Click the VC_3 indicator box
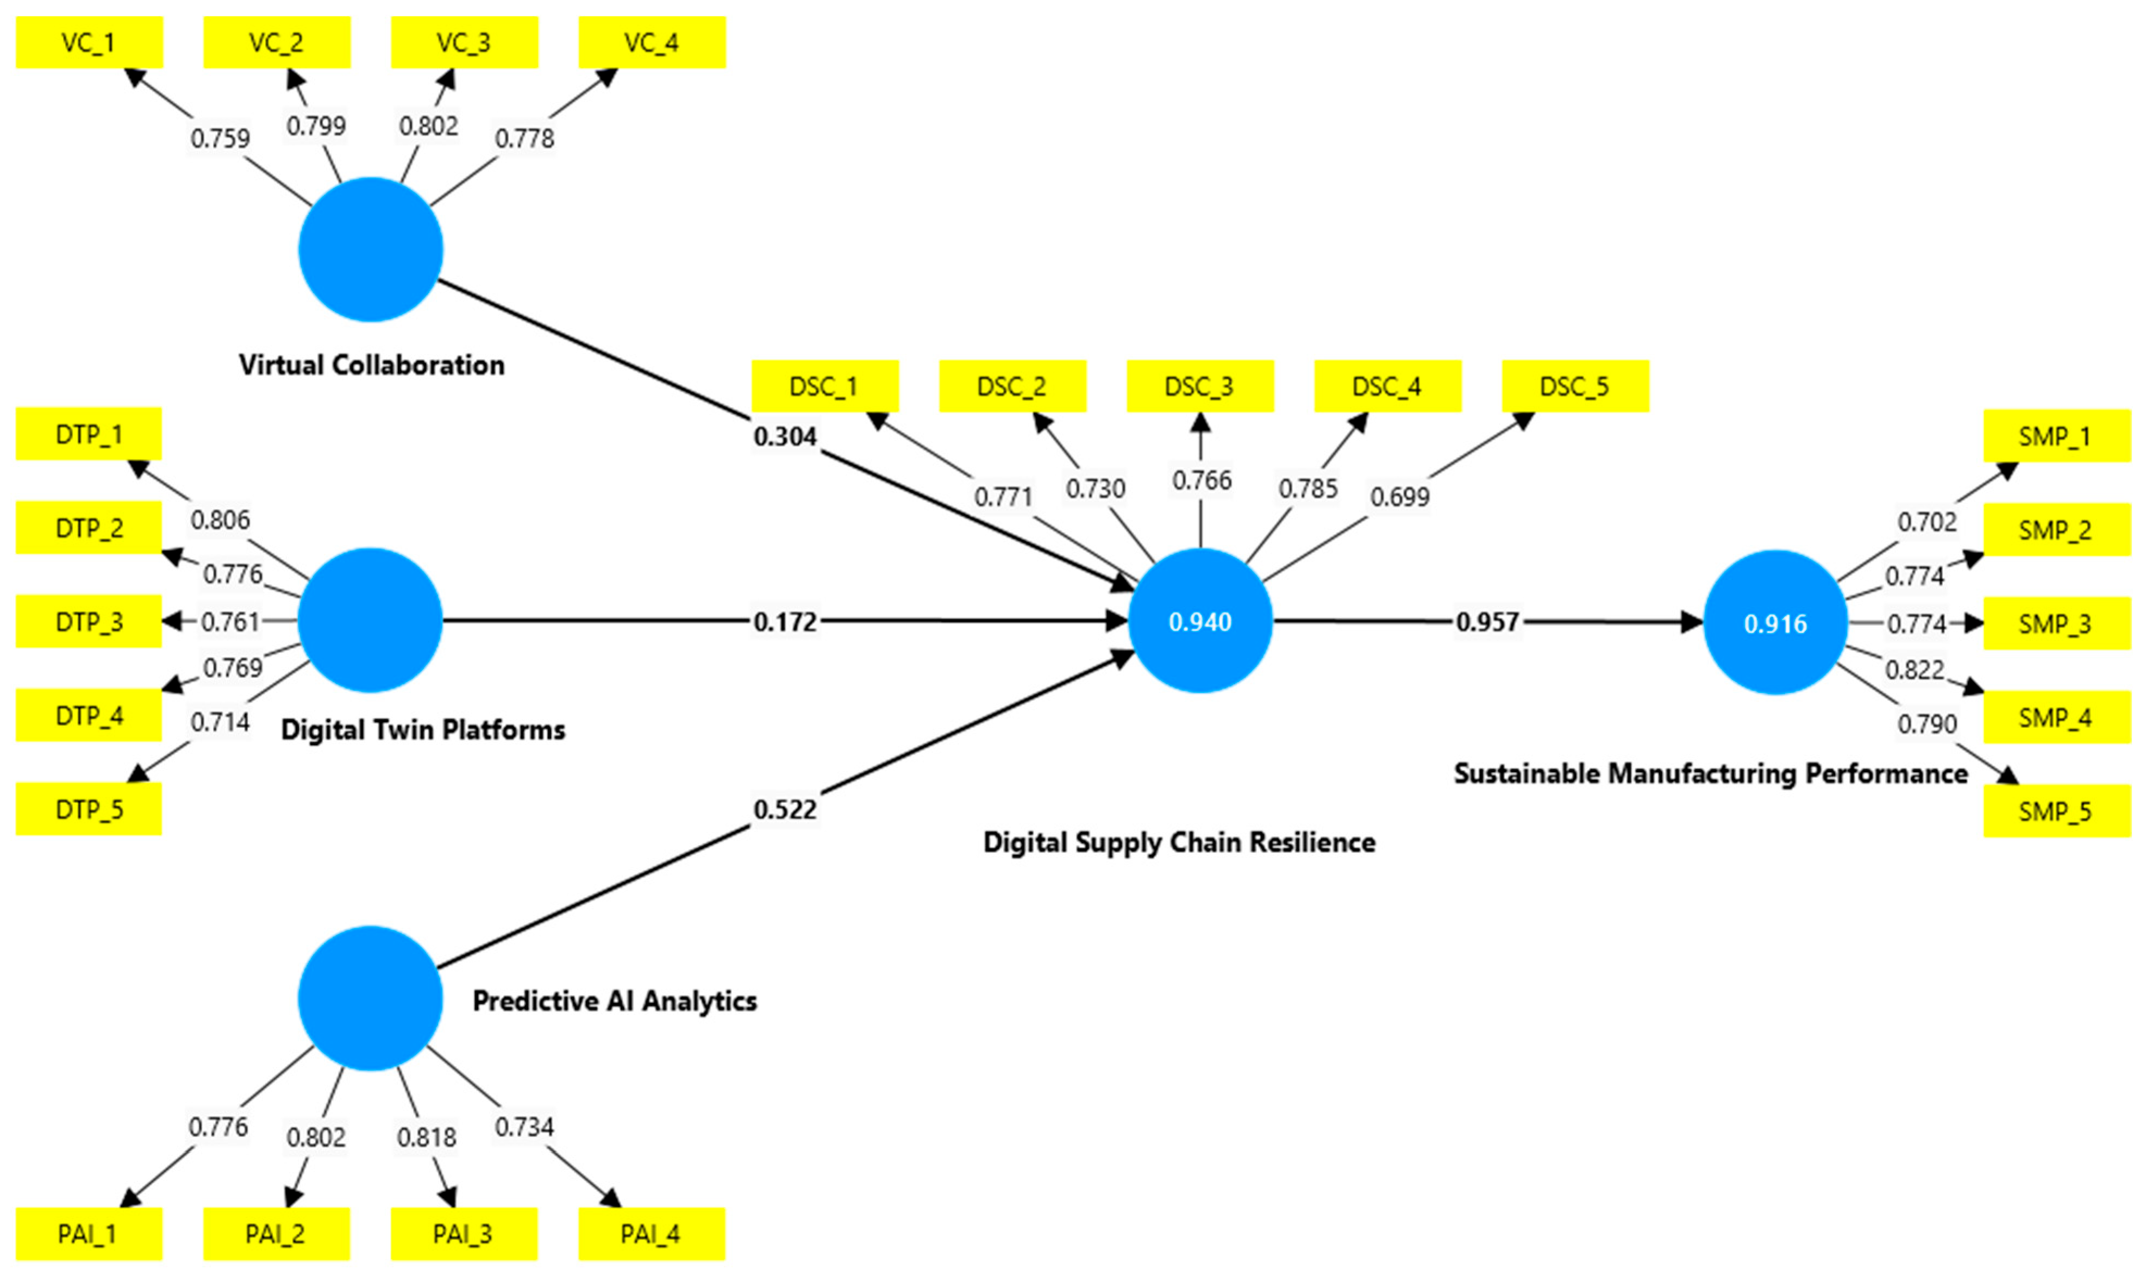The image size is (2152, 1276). pyautogui.click(x=464, y=42)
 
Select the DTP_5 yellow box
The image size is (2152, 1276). pyautogui.click(x=89, y=809)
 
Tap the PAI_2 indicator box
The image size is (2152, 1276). pyautogui.click(x=276, y=1234)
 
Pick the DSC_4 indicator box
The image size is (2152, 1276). pyautogui.click(x=1387, y=386)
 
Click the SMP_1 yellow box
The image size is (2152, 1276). pyautogui.click(x=2056, y=436)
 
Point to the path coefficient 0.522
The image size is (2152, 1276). pyautogui.click(x=785, y=809)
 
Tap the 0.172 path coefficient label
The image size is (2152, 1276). pyautogui.click(x=785, y=622)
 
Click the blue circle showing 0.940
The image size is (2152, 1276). pyautogui.click(x=1200, y=621)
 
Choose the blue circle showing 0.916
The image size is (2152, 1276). pyautogui.click(x=1775, y=623)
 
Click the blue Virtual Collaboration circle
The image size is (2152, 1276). pyautogui.click(x=371, y=249)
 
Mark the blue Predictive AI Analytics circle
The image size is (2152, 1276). pyautogui.click(x=371, y=998)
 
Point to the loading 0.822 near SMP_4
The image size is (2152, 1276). pyautogui.click(x=1914, y=669)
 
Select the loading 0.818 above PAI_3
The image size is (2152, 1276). pyautogui.click(x=427, y=1137)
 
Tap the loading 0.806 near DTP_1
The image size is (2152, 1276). pyautogui.click(x=220, y=520)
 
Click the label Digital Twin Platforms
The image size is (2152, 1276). pyautogui.click(x=423, y=730)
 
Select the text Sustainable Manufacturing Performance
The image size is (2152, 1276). pyautogui.click(x=1711, y=773)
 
